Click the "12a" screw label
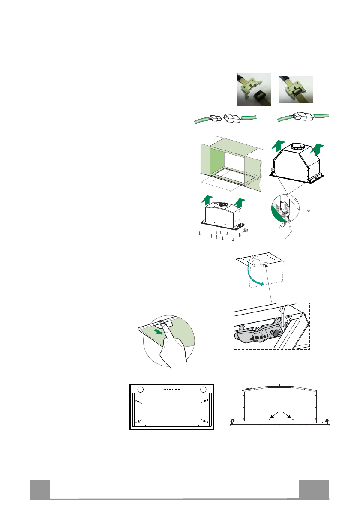(x=245, y=230)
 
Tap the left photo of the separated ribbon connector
(x=254, y=89)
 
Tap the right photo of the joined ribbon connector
(x=296, y=89)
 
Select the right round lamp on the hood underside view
(x=203, y=389)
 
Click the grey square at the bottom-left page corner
(x=39, y=489)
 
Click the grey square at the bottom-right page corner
(x=314, y=489)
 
